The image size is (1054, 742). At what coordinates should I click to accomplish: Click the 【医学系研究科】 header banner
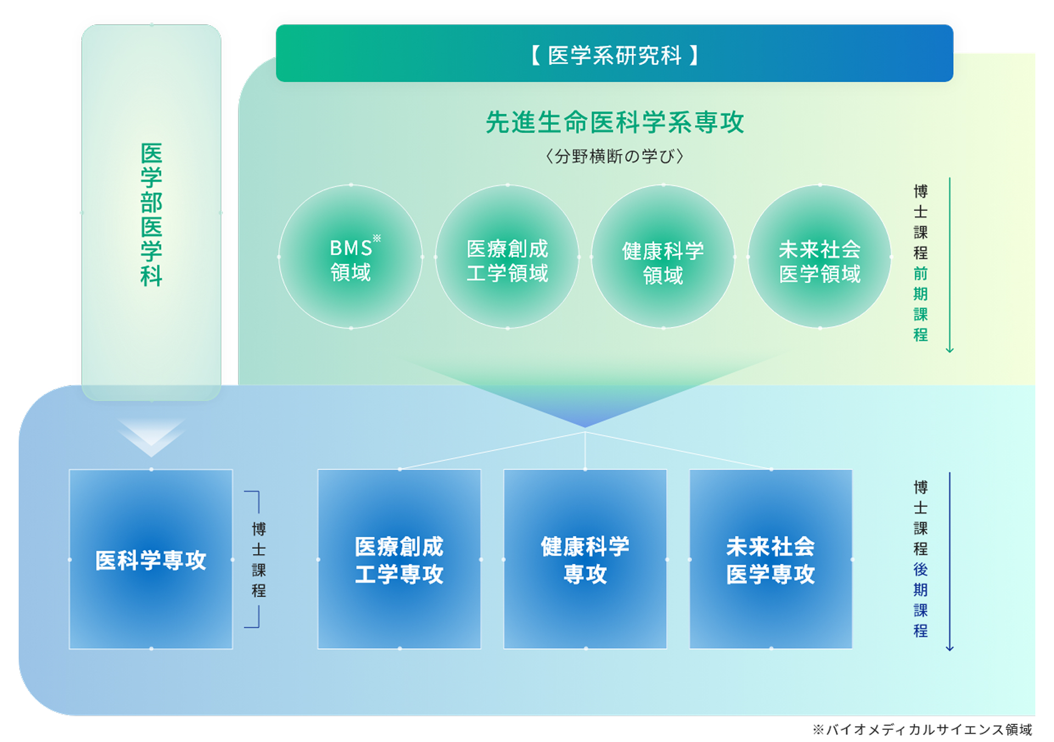click(x=614, y=53)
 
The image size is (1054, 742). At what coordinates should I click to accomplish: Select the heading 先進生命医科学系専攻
click(x=615, y=122)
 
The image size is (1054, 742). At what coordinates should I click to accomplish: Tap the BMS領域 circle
click(x=351, y=256)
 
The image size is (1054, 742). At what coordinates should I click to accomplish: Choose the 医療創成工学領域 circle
click(x=507, y=256)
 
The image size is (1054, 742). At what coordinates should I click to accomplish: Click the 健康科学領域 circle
click(x=663, y=256)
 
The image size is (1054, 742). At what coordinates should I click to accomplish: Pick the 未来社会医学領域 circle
click(x=820, y=256)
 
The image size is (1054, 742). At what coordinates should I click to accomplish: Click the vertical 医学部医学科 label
click(x=152, y=215)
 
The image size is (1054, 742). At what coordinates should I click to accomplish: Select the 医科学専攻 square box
click(x=151, y=559)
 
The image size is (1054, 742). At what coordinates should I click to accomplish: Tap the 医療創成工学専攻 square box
click(x=400, y=559)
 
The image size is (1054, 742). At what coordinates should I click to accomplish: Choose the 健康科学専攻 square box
click(x=585, y=559)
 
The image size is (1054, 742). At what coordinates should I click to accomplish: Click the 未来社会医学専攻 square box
click(x=771, y=559)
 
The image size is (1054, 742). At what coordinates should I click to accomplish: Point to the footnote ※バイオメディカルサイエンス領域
click(x=922, y=729)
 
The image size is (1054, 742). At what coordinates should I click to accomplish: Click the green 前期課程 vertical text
click(x=921, y=303)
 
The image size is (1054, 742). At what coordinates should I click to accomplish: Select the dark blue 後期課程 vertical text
click(x=921, y=600)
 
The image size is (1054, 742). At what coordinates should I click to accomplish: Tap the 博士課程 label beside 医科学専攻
click(x=259, y=560)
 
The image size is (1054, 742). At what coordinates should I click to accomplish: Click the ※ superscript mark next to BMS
click(x=377, y=238)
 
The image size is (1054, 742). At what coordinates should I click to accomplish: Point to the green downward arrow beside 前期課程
click(x=950, y=265)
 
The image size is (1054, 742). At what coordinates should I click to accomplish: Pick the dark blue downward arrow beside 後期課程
click(x=950, y=561)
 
